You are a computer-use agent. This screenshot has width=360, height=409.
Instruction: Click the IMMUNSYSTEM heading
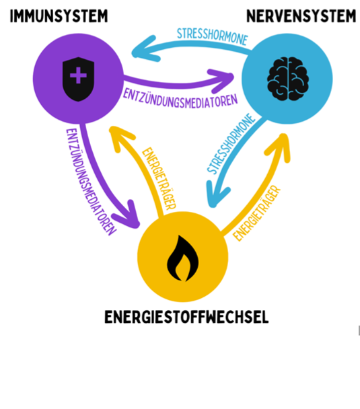pyautogui.click(x=59, y=16)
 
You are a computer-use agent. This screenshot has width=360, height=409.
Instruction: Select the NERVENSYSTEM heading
pyautogui.click(x=301, y=16)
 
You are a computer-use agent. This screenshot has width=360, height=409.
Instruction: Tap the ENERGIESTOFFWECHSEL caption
pyautogui.click(x=186, y=317)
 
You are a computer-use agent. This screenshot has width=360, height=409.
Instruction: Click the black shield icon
pyautogui.click(x=79, y=79)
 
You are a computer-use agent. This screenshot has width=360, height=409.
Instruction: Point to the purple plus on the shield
pyautogui.click(x=78, y=75)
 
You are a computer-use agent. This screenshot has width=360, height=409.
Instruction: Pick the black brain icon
pyautogui.click(x=288, y=79)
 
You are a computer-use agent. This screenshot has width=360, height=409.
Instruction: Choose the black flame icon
pyautogui.click(x=182, y=258)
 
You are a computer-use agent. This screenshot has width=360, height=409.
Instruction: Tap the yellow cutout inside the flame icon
pyautogui.click(x=182, y=267)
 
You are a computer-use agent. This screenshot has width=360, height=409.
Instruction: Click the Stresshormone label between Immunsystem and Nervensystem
pyautogui.click(x=213, y=37)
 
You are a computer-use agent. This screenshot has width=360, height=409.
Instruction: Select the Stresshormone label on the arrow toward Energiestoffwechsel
pyautogui.click(x=231, y=143)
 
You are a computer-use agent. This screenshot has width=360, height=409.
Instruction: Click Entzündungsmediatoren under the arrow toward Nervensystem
pyautogui.click(x=180, y=99)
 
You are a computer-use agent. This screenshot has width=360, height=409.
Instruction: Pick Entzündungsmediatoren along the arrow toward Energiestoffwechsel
pyautogui.click(x=91, y=182)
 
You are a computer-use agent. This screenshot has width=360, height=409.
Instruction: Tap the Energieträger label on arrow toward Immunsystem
pyautogui.click(x=159, y=179)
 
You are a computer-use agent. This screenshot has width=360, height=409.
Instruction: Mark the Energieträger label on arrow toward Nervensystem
pyautogui.click(x=257, y=213)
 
